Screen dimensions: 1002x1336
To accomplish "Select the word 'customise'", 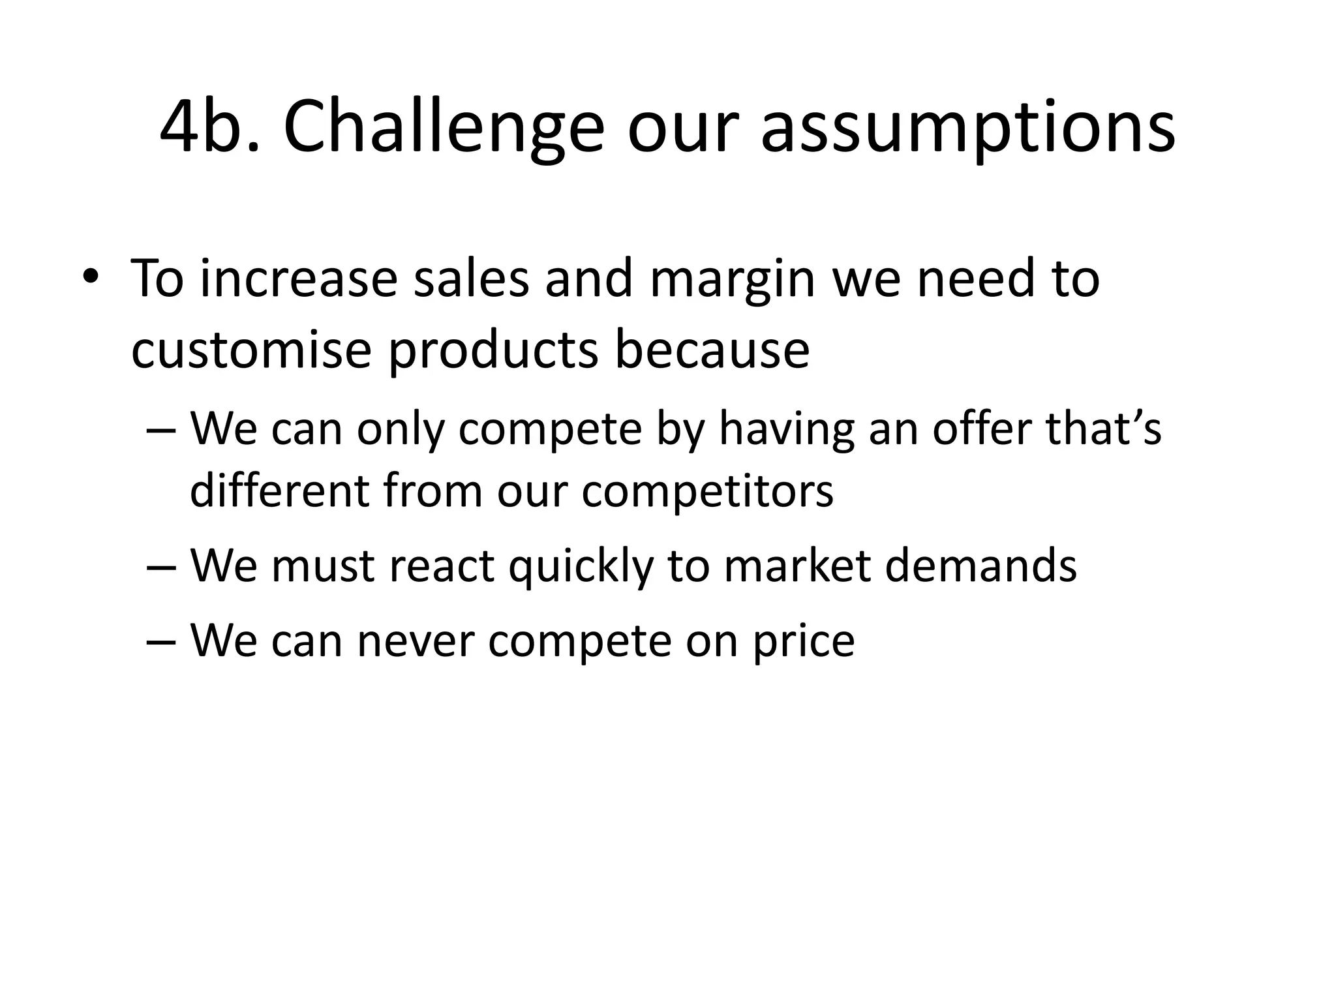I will tap(250, 350).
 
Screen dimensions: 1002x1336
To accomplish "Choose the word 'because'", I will tap(712, 350).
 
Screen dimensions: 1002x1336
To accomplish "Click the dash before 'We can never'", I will tap(162, 641).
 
